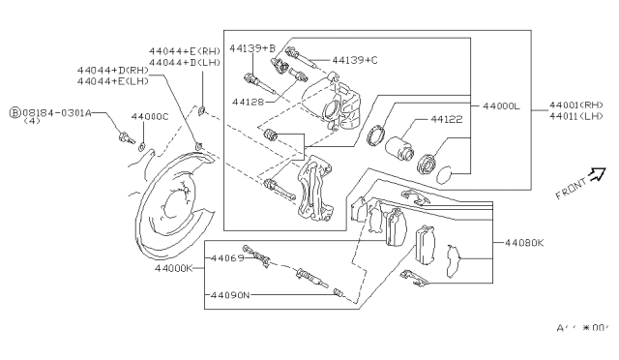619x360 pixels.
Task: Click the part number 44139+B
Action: pos(255,47)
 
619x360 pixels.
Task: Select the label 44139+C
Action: pos(355,60)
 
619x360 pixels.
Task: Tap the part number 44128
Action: pos(249,100)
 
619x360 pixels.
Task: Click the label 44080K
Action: pos(522,243)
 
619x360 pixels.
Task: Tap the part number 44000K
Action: pos(173,266)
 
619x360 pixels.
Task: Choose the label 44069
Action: pos(228,258)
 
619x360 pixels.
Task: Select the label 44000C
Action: pos(149,116)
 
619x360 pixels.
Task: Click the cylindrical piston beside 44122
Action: pos(398,150)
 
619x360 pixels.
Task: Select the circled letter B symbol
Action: pos(15,112)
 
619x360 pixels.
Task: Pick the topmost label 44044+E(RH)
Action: pos(187,50)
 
